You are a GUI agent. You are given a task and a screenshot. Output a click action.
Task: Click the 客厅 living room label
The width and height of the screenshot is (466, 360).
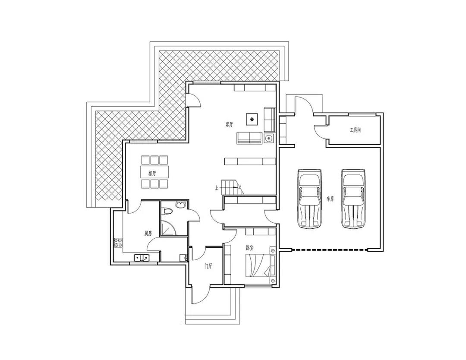(229, 124)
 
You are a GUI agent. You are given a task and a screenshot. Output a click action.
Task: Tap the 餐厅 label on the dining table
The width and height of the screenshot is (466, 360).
(152, 173)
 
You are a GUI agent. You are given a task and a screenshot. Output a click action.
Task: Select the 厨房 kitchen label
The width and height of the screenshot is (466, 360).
(148, 233)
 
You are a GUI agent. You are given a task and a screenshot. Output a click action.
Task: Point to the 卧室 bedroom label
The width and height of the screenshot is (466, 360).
(249, 247)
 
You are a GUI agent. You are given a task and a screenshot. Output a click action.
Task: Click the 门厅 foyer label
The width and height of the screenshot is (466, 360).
(208, 266)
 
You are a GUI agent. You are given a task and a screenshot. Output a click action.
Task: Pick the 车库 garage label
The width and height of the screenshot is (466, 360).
(331, 199)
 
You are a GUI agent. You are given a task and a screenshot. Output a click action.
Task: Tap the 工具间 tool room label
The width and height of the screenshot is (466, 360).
(356, 130)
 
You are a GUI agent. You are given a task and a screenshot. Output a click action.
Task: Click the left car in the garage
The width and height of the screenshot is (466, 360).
(310, 199)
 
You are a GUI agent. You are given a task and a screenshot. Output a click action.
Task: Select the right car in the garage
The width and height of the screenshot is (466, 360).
(353, 199)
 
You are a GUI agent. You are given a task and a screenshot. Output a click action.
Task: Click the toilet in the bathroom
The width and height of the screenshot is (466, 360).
(167, 212)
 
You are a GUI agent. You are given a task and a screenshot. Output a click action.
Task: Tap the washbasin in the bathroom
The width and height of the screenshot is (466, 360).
(181, 204)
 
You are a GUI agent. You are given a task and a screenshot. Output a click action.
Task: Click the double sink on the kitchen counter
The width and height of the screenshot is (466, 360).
(142, 257)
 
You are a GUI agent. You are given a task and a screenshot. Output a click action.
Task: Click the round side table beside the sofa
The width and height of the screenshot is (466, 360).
(269, 138)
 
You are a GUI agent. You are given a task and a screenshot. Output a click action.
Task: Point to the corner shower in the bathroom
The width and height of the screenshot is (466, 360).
(168, 227)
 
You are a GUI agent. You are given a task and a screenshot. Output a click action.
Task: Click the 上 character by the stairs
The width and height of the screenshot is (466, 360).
(216, 188)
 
